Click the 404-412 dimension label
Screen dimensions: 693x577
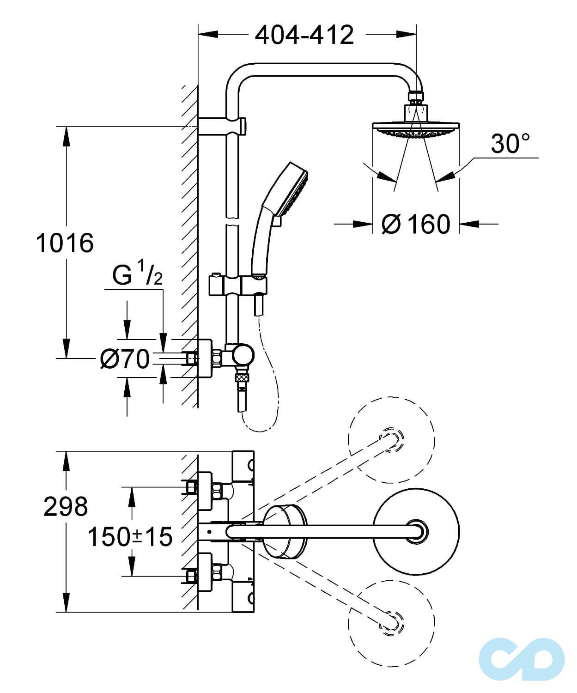pos(304,35)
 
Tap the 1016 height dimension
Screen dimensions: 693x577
pos(65,243)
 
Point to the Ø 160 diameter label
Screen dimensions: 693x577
pos(416,225)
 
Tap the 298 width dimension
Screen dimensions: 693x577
pos(65,507)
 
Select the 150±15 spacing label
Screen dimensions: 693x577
pos(130,537)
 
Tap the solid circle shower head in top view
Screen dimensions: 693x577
pos(416,531)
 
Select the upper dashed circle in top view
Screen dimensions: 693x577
pos(391,439)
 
